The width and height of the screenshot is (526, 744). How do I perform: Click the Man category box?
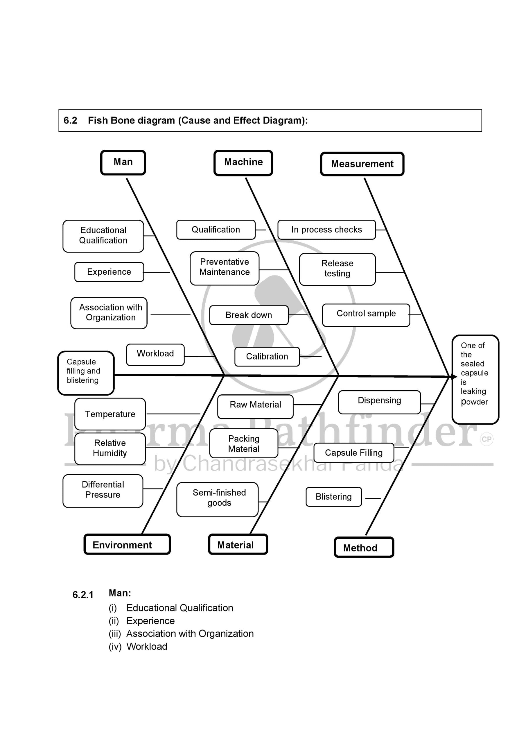(123, 162)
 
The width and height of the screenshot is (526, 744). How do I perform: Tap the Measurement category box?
(362, 164)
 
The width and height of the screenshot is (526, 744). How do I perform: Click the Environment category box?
(127, 545)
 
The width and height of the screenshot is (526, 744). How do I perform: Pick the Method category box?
(364, 548)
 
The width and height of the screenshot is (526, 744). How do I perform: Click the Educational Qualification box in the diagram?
(103, 236)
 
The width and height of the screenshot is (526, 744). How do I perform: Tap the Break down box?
(249, 315)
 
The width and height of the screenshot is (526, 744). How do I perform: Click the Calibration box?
(267, 356)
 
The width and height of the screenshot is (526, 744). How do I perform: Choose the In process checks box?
(326, 230)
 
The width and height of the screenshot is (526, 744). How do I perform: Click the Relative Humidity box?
(110, 448)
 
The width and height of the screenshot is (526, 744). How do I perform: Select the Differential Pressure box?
(103, 490)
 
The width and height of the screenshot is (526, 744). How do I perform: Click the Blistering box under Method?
(334, 497)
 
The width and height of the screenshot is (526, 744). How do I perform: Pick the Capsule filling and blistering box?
(86, 373)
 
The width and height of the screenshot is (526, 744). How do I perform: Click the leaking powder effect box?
(475, 379)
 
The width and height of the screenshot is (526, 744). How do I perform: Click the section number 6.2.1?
(83, 595)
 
